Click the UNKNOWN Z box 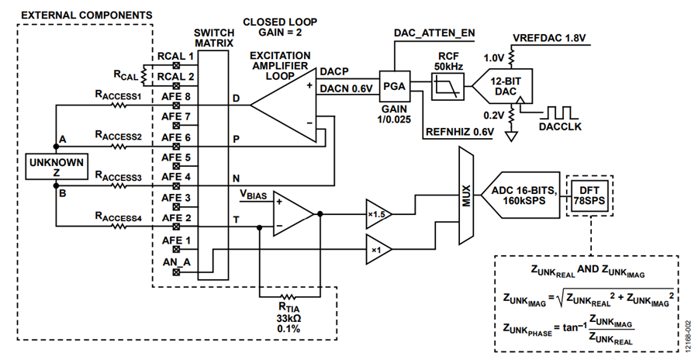click(56, 167)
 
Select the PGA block click(395, 86)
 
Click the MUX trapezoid click(466, 196)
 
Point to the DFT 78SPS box click(589, 196)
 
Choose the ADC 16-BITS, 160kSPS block click(520, 196)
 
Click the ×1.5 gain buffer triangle click(378, 214)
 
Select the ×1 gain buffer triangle click(378, 249)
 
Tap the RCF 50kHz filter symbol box click(447, 86)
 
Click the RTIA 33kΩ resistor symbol click(288, 297)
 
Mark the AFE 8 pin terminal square click(176, 106)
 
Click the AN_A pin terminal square click(176, 272)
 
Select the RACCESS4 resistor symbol click(119, 227)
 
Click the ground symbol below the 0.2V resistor click(512, 136)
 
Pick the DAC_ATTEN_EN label click(434, 33)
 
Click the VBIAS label click(254, 194)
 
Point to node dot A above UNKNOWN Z click(56, 146)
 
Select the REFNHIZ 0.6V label click(460, 132)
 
